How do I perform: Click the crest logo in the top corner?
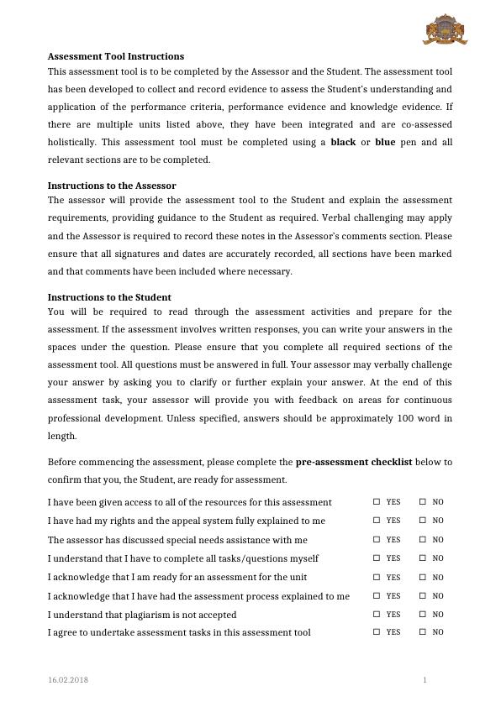coord(445,29)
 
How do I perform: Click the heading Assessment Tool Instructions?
coord(115,56)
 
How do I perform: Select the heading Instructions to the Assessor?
coord(111,185)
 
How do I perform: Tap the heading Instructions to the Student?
coord(109,297)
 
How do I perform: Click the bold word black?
coord(343,142)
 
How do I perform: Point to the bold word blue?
coord(385,142)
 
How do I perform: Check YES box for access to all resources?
coord(377,502)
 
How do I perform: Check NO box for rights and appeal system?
coord(423,521)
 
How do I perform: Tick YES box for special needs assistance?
coord(377,540)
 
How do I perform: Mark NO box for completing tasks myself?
coord(423,558)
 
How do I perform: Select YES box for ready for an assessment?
coord(377,578)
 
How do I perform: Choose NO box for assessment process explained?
coord(423,596)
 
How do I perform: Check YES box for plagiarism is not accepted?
coord(377,615)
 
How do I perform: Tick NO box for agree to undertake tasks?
coord(423,632)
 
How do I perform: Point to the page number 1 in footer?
coord(425,678)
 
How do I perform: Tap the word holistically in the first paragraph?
coord(74,142)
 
